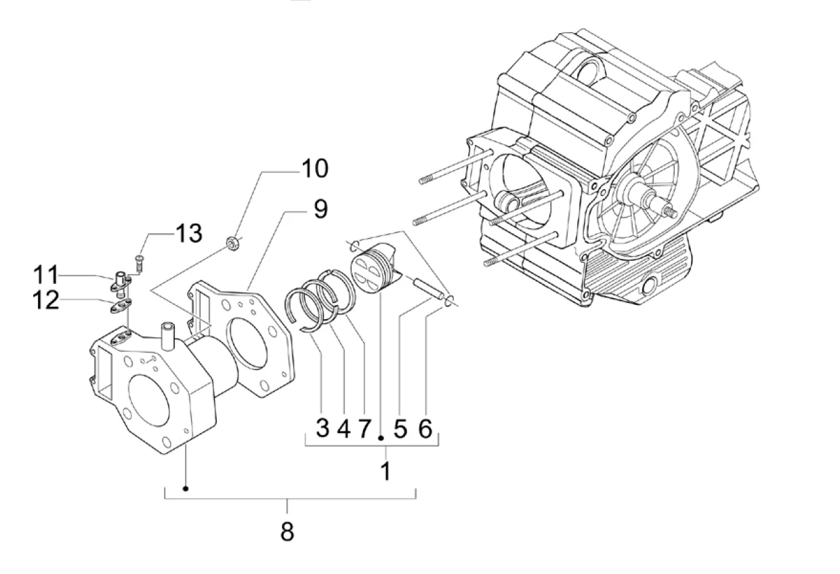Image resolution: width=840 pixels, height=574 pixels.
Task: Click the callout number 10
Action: click(315, 169)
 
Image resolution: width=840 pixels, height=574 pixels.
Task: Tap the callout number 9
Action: click(320, 209)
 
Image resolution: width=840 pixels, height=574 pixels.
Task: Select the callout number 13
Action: click(188, 233)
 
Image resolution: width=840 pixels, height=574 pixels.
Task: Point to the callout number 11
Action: click(46, 274)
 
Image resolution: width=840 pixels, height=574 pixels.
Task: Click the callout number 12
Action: click(46, 300)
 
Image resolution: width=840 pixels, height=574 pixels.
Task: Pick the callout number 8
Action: click(287, 531)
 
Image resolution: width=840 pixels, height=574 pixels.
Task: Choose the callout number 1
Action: click(385, 471)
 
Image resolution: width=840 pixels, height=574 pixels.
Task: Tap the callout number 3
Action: click(322, 428)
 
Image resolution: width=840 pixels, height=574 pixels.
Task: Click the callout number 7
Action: click(364, 428)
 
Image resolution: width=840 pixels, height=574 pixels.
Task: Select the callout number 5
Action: click(400, 429)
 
